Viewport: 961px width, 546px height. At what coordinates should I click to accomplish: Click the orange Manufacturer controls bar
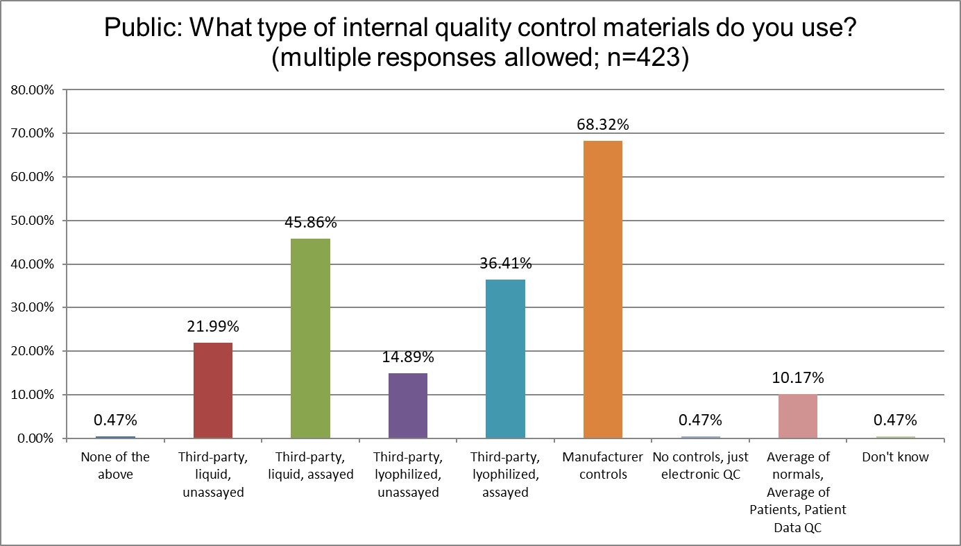[602, 289]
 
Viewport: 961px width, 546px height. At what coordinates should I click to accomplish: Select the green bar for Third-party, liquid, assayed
[310, 339]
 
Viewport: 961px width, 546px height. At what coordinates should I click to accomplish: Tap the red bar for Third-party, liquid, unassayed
[212, 391]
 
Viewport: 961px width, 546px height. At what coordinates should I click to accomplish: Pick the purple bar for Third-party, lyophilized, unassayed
[407, 406]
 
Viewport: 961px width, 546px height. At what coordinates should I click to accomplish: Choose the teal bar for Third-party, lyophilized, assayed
[505, 359]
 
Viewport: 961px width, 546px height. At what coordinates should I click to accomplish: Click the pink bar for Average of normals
[797, 416]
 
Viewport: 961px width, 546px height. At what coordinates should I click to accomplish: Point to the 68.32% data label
[602, 126]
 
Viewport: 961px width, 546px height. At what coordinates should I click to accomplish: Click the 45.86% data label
[310, 223]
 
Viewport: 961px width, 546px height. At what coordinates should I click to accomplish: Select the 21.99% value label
[212, 327]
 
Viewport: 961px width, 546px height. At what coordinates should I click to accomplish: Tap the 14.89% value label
[407, 357]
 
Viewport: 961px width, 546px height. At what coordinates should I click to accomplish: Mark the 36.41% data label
[505, 264]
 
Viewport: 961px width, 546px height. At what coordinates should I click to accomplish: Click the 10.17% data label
[797, 378]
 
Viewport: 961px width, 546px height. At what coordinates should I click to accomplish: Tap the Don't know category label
[895, 457]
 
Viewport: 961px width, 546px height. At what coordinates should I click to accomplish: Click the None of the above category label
[115, 466]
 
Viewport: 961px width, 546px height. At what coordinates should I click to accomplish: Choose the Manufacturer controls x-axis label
[602, 466]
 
